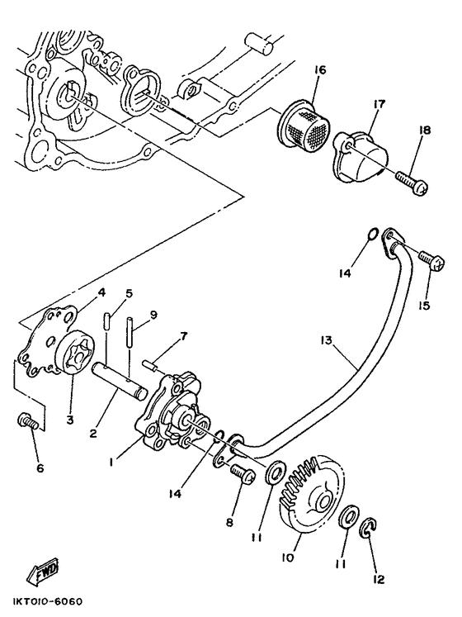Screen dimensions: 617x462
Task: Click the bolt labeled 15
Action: [429, 262]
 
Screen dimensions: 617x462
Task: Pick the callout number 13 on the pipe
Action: [328, 340]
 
